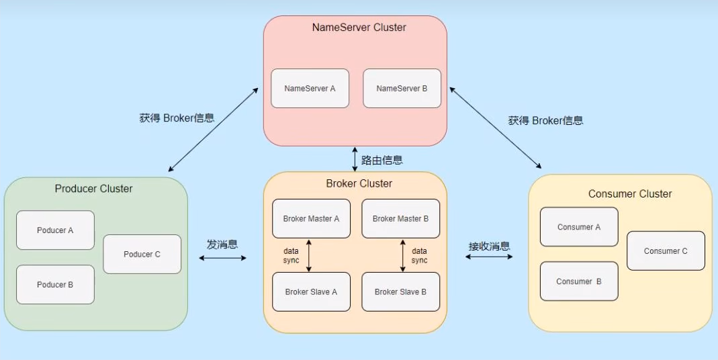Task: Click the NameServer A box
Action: click(x=310, y=88)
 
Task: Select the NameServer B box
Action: click(x=402, y=88)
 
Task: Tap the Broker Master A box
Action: click(x=311, y=218)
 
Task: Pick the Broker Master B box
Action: click(x=400, y=218)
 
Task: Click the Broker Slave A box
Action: click(x=311, y=291)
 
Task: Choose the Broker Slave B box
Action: click(x=400, y=291)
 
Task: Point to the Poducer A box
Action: click(x=55, y=230)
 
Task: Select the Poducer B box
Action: click(x=55, y=284)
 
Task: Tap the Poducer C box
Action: click(x=142, y=254)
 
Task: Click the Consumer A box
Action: click(x=579, y=227)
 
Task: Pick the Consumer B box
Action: click(x=579, y=281)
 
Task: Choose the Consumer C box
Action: click(x=666, y=251)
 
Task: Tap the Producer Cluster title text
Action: click(x=93, y=189)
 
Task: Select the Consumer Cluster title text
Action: click(x=630, y=194)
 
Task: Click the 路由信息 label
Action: click(x=382, y=160)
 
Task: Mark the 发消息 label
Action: click(x=222, y=244)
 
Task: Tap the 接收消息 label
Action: click(x=489, y=246)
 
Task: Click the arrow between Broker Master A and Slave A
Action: click(x=309, y=255)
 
